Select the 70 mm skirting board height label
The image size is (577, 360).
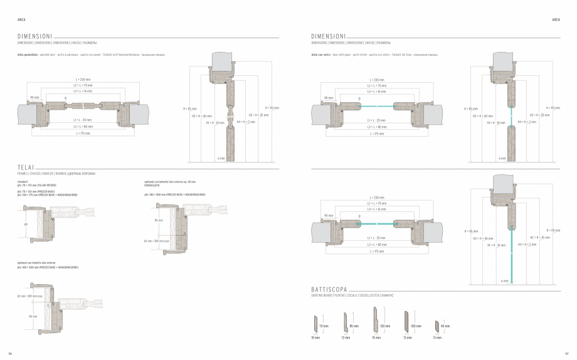coord(324,326)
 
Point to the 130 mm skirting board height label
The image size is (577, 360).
coord(386,326)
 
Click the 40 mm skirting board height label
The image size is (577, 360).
coord(445,326)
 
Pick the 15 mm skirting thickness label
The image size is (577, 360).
coord(376,338)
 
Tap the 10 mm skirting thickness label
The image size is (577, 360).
coord(315,338)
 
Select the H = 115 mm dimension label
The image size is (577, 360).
coord(554,230)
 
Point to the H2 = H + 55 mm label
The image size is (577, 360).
coord(540,238)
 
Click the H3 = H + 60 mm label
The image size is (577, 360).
coord(483,238)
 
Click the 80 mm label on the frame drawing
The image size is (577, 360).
coord(158,220)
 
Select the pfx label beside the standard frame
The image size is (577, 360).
coord(26,224)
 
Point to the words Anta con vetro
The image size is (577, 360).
coord(321,55)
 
